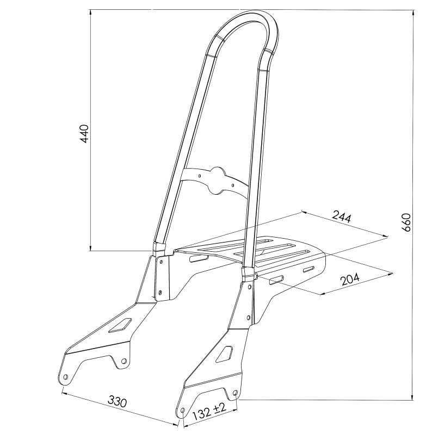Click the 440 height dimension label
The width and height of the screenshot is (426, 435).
click(84, 134)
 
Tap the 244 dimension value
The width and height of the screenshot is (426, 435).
click(341, 217)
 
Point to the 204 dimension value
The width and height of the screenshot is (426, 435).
click(350, 279)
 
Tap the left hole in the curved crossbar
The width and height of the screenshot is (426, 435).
click(201, 176)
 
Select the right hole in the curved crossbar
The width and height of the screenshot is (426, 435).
click(233, 185)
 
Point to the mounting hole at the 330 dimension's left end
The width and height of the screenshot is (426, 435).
click(65, 377)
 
